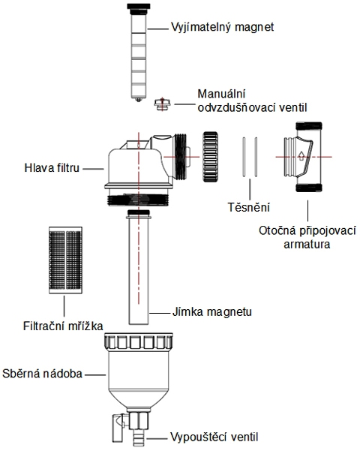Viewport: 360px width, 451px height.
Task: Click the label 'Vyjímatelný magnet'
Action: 223,27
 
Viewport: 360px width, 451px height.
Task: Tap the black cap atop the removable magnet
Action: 139,6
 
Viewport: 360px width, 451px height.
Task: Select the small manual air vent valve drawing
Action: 163,104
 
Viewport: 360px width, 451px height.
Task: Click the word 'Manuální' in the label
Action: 221,94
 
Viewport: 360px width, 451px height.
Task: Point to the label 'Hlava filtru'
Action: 52,168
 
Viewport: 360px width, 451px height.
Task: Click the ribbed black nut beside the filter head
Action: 210,157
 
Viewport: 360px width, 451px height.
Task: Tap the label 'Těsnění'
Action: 249,207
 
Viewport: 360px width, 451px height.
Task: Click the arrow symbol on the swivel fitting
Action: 301,155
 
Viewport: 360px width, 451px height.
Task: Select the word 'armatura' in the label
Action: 307,245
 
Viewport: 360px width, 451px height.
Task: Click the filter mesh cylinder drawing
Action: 65,260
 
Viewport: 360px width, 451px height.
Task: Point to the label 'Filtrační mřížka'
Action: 63,326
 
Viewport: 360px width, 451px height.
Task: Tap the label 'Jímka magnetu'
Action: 212,311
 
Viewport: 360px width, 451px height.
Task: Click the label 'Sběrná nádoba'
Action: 42,374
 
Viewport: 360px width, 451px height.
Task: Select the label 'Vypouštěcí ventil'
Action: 214,437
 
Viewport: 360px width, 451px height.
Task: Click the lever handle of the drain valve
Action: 118,428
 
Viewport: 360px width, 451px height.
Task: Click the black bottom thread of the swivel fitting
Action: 309,188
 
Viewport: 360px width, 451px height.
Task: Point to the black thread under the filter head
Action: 138,200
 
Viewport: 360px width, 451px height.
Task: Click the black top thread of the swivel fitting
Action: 309,126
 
